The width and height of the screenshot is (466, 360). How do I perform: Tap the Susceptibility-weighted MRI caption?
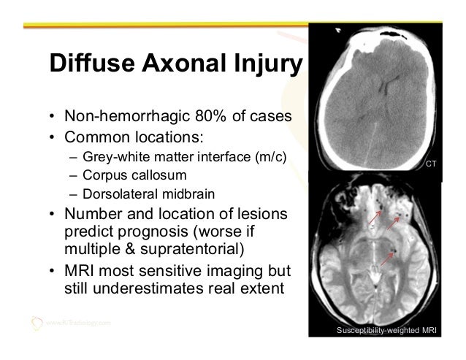[386, 332]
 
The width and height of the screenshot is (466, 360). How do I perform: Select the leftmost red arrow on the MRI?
[375, 218]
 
